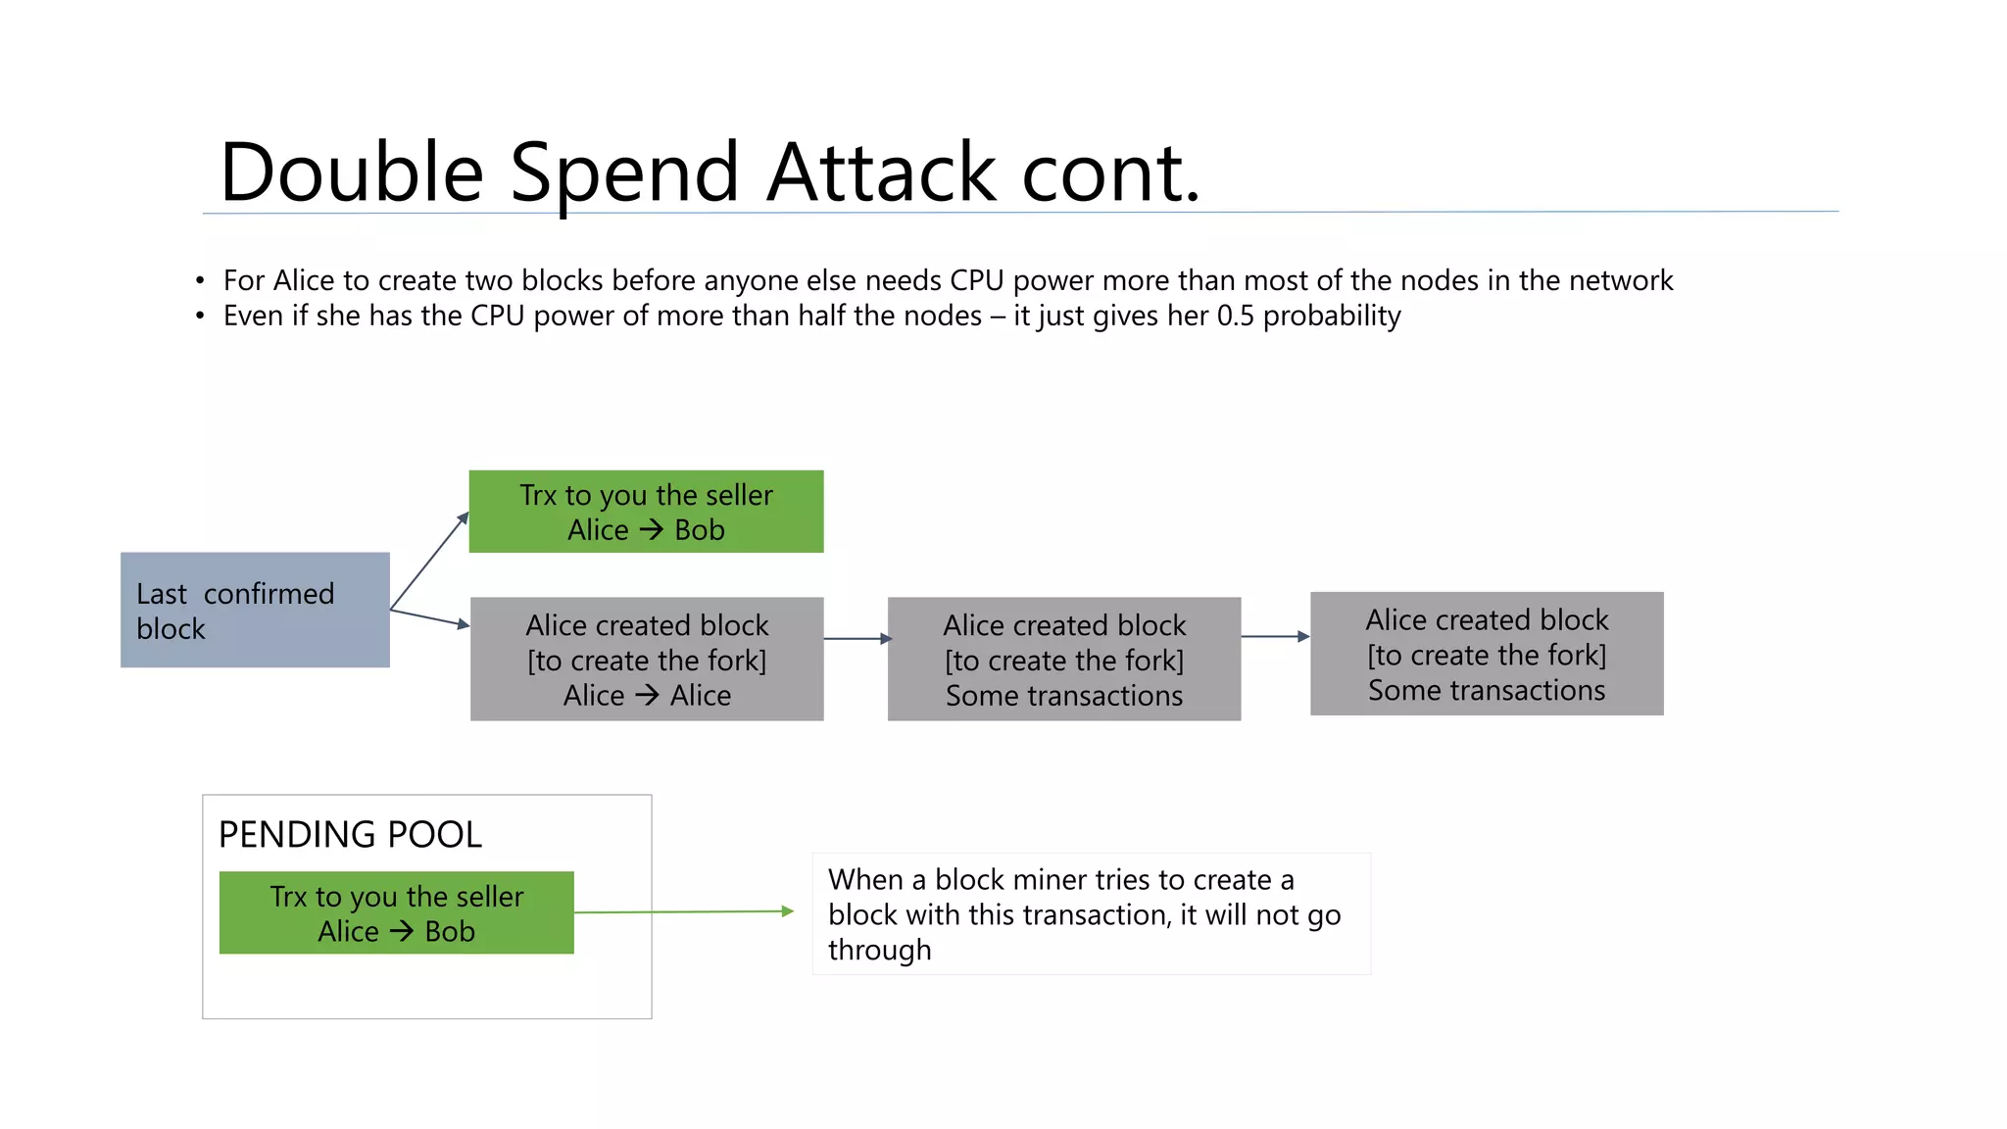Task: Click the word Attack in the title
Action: (882, 172)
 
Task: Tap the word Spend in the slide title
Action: (624, 172)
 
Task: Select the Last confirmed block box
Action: (255, 611)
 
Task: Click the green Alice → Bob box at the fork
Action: (646, 512)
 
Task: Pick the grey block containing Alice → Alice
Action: (647, 660)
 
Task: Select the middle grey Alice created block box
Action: (1064, 660)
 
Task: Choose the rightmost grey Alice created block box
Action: (1487, 654)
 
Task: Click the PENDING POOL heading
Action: (350, 835)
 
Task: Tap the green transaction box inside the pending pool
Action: (396, 913)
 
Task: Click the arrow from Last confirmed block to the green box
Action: (429, 562)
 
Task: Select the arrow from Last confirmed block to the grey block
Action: (429, 618)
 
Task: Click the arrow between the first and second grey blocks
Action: (857, 639)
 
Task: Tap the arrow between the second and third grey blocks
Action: (1274, 637)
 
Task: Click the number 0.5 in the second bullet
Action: (1235, 316)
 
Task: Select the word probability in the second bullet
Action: (1332, 317)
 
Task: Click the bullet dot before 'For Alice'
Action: (200, 281)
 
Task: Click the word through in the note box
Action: (879, 951)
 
